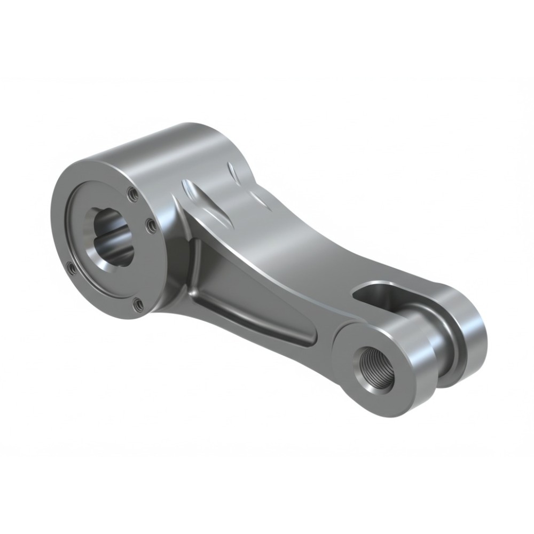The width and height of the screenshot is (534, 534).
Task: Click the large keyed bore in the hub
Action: pos(114,237)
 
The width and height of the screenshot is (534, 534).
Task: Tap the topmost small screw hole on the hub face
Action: pos(133,194)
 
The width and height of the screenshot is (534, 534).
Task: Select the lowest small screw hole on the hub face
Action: pos(138,304)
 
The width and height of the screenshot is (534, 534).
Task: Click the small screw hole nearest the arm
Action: pos(152,226)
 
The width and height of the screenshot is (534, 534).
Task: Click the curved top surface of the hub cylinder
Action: pos(160,147)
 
